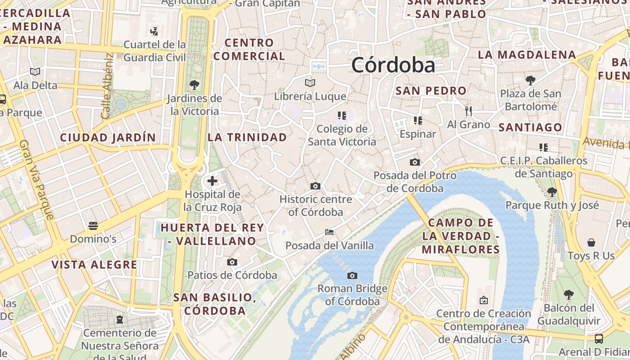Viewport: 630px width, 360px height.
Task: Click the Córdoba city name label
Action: [393, 65]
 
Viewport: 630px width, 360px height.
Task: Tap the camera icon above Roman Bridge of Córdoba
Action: [352, 275]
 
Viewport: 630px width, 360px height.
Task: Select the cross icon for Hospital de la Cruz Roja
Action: [212, 181]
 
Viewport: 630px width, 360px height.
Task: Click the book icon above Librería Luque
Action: [310, 83]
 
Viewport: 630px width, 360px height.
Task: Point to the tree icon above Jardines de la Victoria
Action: [194, 85]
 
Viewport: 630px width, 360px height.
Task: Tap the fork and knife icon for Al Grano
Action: [468, 111]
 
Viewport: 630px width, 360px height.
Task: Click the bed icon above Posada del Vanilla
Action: [329, 232]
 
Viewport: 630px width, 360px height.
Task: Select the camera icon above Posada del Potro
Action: [414, 162]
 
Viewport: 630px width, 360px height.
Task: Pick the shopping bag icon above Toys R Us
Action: [591, 243]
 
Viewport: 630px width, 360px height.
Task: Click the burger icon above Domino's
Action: [93, 225]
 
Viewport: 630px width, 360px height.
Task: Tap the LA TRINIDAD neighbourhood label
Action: [247, 137]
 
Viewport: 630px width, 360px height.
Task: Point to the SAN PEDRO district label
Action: [431, 90]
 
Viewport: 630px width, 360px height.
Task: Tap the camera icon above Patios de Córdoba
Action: [232, 262]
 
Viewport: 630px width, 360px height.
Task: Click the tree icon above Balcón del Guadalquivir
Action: [569, 295]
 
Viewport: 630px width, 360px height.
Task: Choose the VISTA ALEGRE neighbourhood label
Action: [94, 265]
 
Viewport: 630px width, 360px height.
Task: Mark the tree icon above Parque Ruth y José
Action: [552, 192]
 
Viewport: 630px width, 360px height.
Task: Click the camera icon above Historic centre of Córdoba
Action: [315, 186]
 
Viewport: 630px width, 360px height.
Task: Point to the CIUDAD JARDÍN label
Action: [108, 137]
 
